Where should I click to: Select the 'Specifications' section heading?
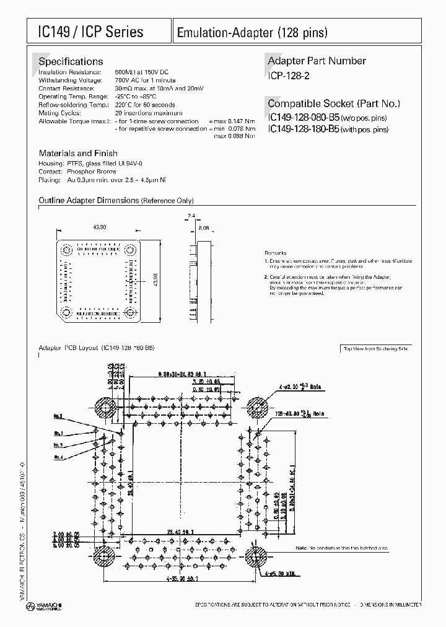pos(71,61)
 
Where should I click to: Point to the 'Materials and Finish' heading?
pos(78,153)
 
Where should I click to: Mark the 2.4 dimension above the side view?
pos(191,216)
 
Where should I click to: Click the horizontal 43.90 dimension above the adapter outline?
pos(100,227)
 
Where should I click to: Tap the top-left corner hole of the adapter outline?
pos(66,250)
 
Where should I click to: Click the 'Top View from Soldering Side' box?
pos(376,349)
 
